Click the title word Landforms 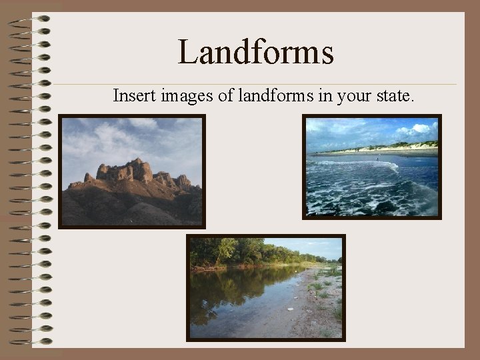(255, 53)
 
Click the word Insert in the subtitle (135, 96)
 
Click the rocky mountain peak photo (132, 171)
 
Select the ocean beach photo (372, 167)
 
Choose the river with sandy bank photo (266, 287)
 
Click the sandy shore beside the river (313, 307)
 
